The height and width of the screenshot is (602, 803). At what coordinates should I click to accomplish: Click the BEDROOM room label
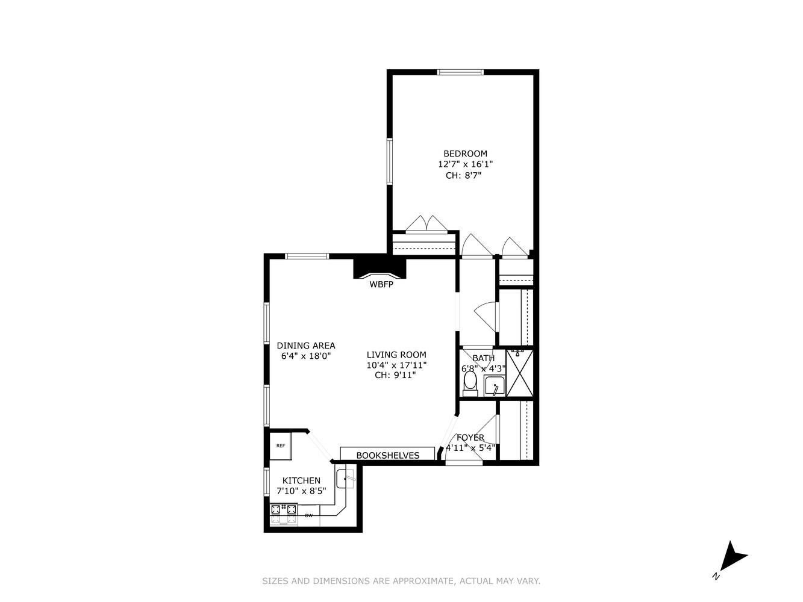465,154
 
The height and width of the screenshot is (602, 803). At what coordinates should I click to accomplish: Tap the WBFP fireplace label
381,285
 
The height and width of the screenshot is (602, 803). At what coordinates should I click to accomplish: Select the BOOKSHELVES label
387,455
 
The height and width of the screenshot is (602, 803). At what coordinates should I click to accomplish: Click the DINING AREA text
306,346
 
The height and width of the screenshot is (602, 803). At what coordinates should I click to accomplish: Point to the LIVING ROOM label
396,355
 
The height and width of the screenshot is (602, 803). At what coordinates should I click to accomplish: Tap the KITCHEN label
302,480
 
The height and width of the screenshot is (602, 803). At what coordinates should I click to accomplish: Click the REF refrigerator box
281,446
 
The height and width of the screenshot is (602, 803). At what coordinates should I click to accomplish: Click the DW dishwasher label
308,515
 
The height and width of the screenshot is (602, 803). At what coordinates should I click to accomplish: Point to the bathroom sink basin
495,385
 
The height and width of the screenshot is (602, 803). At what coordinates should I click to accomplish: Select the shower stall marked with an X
520,374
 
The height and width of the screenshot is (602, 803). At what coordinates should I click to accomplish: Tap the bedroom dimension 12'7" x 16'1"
466,164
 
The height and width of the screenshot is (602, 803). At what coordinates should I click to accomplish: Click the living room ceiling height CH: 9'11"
395,375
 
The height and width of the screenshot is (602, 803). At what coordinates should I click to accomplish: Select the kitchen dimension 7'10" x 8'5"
305,491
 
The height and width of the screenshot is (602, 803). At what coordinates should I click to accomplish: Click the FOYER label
470,438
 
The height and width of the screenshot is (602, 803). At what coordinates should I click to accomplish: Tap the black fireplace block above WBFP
380,267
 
